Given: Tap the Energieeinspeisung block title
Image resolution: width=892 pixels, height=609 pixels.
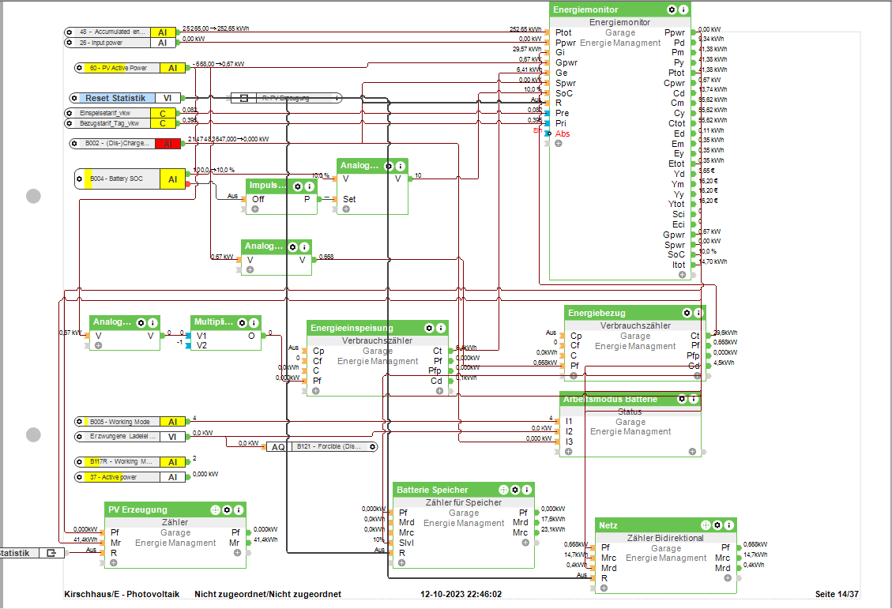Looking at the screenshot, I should pyautogui.click(x=352, y=328).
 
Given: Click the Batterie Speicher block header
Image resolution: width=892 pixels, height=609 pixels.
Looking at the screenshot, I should pyautogui.click(x=432, y=490).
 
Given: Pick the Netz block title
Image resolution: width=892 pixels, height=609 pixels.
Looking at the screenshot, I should pyautogui.click(x=609, y=525).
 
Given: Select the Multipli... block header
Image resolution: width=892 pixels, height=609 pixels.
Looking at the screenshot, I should pyautogui.click(x=214, y=322).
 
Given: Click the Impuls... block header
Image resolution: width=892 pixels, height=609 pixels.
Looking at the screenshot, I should pyautogui.click(x=265, y=186).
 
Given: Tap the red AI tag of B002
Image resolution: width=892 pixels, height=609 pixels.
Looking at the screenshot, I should pyautogui.click(x=167, y=144).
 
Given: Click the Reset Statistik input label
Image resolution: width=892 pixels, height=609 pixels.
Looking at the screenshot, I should pyautogui.click(x=115, y=98).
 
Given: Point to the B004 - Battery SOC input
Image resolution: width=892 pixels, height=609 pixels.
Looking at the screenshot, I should pyautogui.click(x=119, y=180).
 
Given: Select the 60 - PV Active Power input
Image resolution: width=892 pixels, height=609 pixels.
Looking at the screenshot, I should pyautogui.click(x=118, y=68).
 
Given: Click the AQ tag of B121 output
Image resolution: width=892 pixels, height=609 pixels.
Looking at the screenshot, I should pyautogui.click(x=277, y=446).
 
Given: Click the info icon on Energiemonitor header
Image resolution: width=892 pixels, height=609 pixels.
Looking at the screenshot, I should pyautogui.click(x=683, y=9).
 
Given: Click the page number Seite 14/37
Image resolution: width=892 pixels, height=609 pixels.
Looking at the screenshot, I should pyautogui.click(x=836, y=594).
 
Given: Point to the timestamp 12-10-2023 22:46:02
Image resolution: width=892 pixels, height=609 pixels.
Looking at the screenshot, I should pyautogui.click(x=461, y=594).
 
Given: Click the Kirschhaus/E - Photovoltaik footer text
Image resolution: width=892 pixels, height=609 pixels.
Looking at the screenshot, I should pyautogui.click(x=122, y=594).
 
